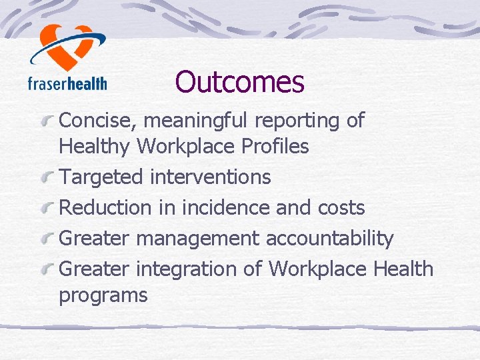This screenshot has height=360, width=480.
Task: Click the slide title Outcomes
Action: pos(239,82)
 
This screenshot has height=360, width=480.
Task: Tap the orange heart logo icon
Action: pos(67,47)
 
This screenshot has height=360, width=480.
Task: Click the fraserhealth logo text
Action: pos(67,83)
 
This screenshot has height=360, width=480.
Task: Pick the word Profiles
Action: pos(275,147)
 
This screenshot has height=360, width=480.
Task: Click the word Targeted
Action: pos(101,177)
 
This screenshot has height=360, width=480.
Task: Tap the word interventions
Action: pos(210,177)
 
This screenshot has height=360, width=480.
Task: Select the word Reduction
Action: pos(106,208)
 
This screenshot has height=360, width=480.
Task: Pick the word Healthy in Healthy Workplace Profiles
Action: pos(95,147)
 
